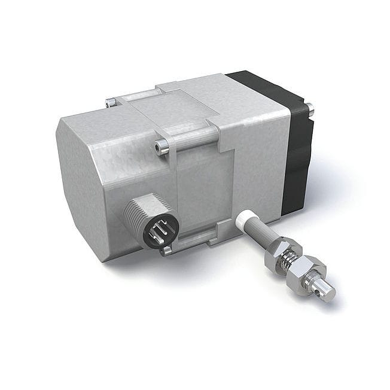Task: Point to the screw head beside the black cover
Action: [310, 109]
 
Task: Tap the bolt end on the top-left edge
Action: [109, 103]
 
